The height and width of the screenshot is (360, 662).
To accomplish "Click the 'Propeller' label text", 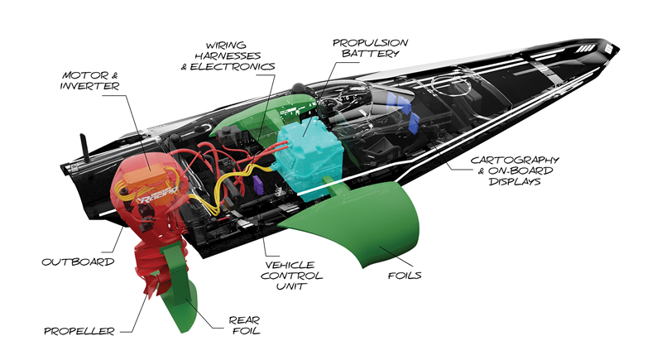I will (x=77, y=331).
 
